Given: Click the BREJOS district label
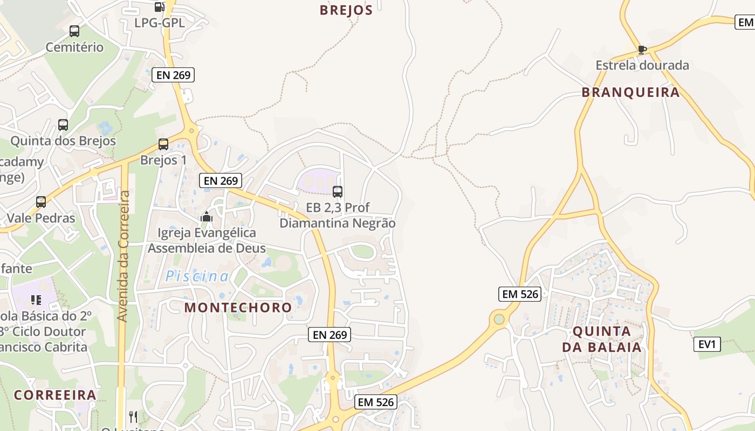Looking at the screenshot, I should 346,10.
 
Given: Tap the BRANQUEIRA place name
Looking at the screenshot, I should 630,92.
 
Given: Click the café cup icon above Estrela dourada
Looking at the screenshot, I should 642,50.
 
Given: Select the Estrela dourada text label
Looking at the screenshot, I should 642,65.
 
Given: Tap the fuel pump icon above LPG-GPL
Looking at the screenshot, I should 159,7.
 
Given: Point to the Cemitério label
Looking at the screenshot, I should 74,47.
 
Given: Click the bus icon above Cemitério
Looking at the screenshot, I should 74,31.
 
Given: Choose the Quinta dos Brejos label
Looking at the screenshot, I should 63,141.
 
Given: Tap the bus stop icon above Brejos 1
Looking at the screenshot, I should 163,144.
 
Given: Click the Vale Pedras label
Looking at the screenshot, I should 41,218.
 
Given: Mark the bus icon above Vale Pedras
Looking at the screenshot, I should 41,202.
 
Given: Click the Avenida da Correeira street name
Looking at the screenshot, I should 123,256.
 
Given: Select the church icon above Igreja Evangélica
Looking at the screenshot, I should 207,217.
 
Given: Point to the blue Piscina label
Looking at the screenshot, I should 197,276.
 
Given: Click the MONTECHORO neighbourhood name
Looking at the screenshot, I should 238,308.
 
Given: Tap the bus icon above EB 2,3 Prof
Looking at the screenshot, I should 338,191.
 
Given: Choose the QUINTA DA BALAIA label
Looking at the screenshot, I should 602,339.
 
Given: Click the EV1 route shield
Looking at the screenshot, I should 707,344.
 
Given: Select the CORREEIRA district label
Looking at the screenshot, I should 55,395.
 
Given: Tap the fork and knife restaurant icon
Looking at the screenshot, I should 133,416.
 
